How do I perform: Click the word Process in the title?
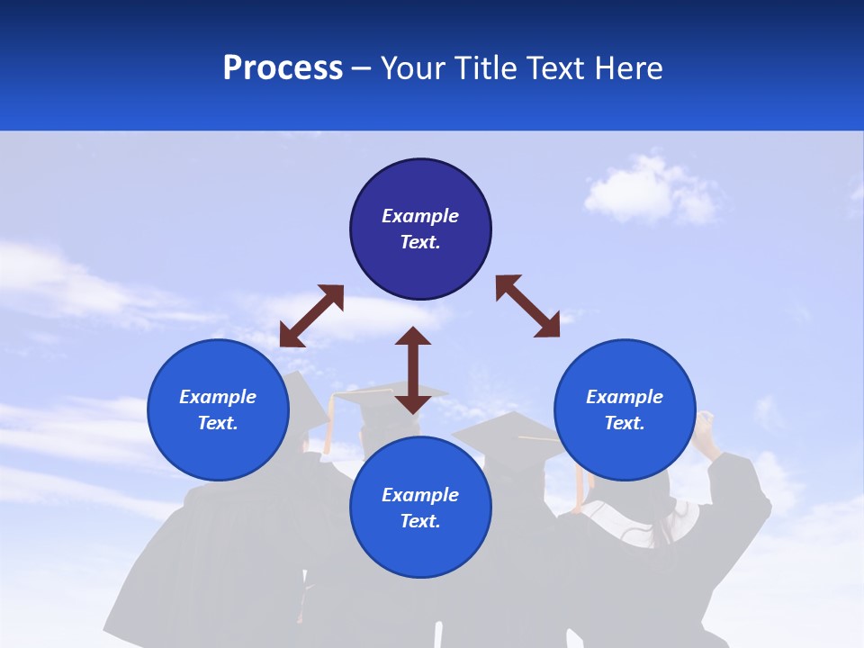click(283, 67)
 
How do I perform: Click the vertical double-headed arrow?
click(413, 370)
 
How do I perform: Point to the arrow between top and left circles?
click(311, 316)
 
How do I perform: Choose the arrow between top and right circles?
click(527, 306)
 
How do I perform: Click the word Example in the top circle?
click(420, 216)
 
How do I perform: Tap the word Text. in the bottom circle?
click(420, 521)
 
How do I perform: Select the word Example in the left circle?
click(218, 397)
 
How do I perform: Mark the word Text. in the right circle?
click(625, 423)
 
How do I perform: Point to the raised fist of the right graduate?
click(705, 422)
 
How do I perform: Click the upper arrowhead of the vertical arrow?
click(413, 337)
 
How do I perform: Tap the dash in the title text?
click(362, 68)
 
